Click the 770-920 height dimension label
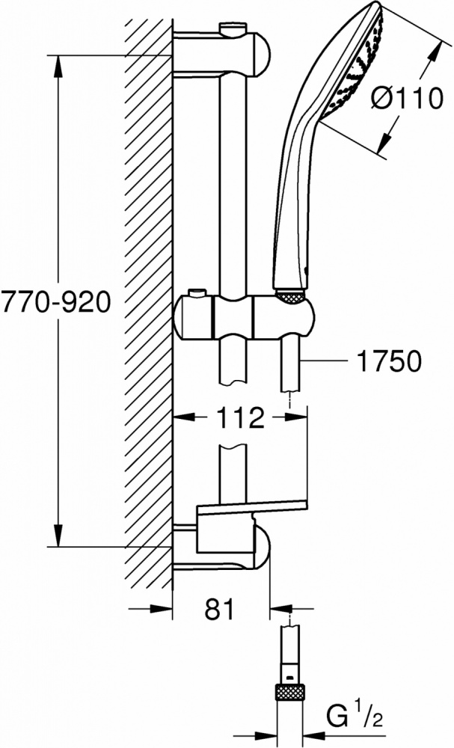point(56,302)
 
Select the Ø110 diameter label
point(406,99)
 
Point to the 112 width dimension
point(240,417)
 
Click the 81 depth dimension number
point(221,609)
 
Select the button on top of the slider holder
point(197,292)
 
